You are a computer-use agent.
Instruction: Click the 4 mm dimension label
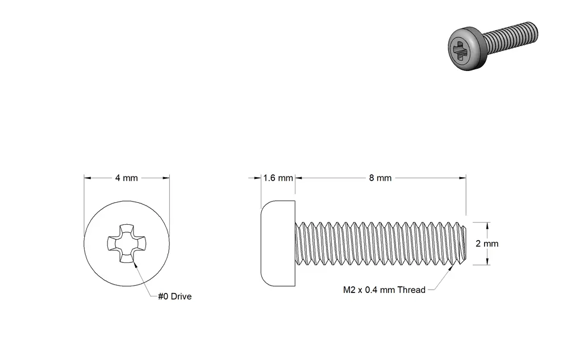[126, 178]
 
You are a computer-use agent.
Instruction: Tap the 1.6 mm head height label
[278, 178]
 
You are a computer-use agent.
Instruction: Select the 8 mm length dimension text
[380, 178]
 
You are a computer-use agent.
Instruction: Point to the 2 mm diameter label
[487, 244]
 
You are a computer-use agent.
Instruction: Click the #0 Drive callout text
[174, 296]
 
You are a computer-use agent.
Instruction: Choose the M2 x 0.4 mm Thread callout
[384, 290]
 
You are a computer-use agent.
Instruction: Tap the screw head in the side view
[278, 243]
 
